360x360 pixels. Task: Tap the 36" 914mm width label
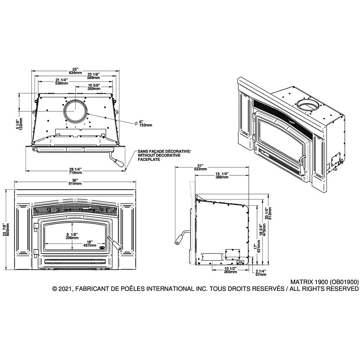point(75,182)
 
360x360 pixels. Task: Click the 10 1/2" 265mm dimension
point(230,270)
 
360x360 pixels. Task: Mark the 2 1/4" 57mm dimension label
point(260,273)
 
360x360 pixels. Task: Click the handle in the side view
point(181,237)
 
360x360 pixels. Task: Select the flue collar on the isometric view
point(308,105)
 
